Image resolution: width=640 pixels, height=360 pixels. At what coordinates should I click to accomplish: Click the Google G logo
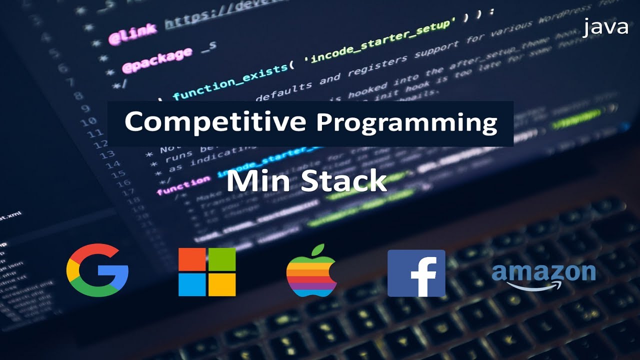click(97, 270)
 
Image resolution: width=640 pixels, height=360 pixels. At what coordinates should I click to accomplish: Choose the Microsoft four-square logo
click(207, 272)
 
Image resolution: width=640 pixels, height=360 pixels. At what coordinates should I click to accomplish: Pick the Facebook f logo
click(416, 273)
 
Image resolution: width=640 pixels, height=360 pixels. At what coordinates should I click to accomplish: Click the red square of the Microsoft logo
click(192, 259)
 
